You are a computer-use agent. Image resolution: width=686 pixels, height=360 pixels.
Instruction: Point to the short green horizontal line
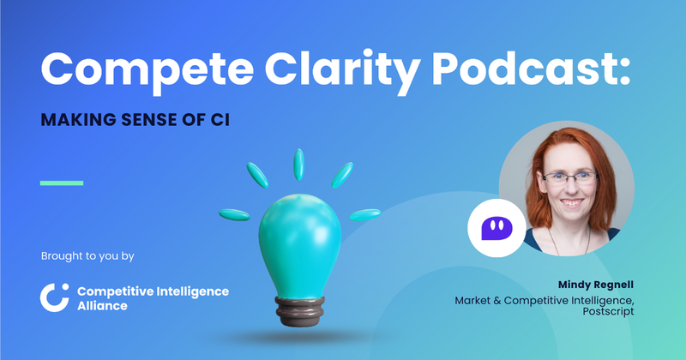click(62, 183)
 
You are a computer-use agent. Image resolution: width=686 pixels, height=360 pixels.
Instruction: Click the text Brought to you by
click(87, 256)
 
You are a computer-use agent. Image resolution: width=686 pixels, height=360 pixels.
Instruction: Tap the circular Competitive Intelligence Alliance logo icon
click(54, 296)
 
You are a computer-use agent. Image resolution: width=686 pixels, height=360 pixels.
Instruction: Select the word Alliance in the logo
click(102, 306)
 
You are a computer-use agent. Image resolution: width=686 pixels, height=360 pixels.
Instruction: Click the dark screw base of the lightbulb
click(299, 310)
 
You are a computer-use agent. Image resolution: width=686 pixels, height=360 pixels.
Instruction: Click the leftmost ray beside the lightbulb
click(233, 213)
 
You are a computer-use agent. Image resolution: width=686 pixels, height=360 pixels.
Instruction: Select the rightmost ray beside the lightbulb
click(365, 213)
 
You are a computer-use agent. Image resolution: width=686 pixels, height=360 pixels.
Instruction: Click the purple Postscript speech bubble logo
click(491, 228)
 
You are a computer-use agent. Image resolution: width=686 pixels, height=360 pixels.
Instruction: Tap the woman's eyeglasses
click(573, 178)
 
